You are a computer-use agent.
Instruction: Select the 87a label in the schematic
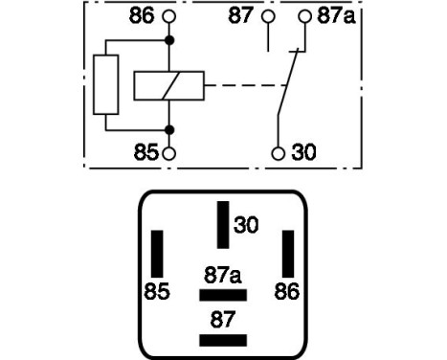(335, 16)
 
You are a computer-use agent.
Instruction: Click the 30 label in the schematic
(303, 152)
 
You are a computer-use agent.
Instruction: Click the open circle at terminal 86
(169, 16)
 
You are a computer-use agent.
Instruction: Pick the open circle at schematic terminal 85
(169, 152)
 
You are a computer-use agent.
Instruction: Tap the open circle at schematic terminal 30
(278, 152)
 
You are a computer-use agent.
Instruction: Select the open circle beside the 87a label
(304, 16)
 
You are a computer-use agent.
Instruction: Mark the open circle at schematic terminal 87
(269, 16)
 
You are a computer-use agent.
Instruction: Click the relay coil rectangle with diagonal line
(168, 85)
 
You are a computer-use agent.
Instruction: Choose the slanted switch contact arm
(288, 85)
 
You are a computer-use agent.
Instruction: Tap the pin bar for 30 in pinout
(223, 224)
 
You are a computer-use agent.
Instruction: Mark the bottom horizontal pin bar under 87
(223, 341)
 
